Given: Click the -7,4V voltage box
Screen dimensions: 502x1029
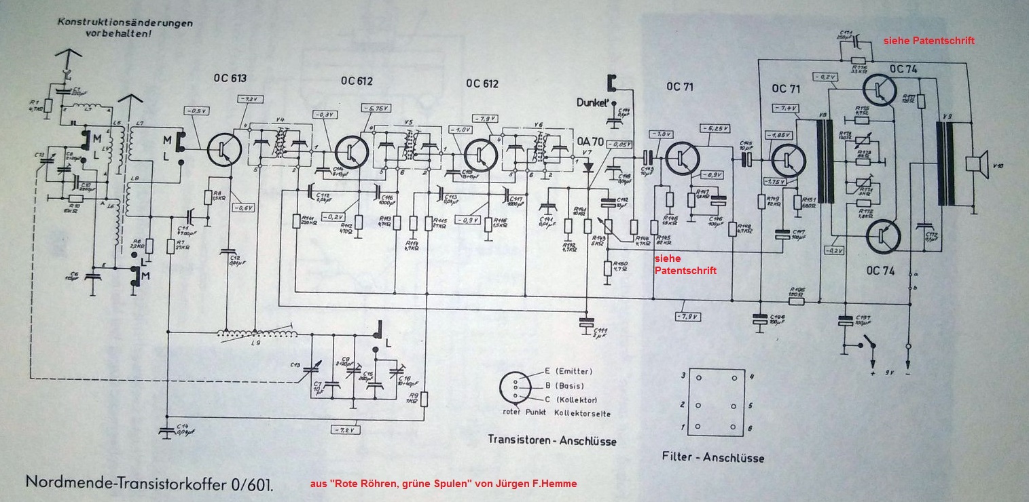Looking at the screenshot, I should point(785,108).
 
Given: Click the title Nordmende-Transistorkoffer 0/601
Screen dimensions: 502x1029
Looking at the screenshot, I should point(149,484).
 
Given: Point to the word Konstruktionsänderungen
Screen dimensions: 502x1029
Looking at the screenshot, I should point(125,22).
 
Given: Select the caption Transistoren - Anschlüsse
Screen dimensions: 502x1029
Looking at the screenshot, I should point(552,440).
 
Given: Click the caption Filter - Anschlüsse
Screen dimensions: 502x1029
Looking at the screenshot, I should point(712,457).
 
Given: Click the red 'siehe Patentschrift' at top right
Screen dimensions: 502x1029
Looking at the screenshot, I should point(928,41).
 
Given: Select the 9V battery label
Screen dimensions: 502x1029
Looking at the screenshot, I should point(888,374).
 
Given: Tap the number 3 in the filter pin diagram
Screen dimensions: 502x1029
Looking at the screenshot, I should point(683,375).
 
